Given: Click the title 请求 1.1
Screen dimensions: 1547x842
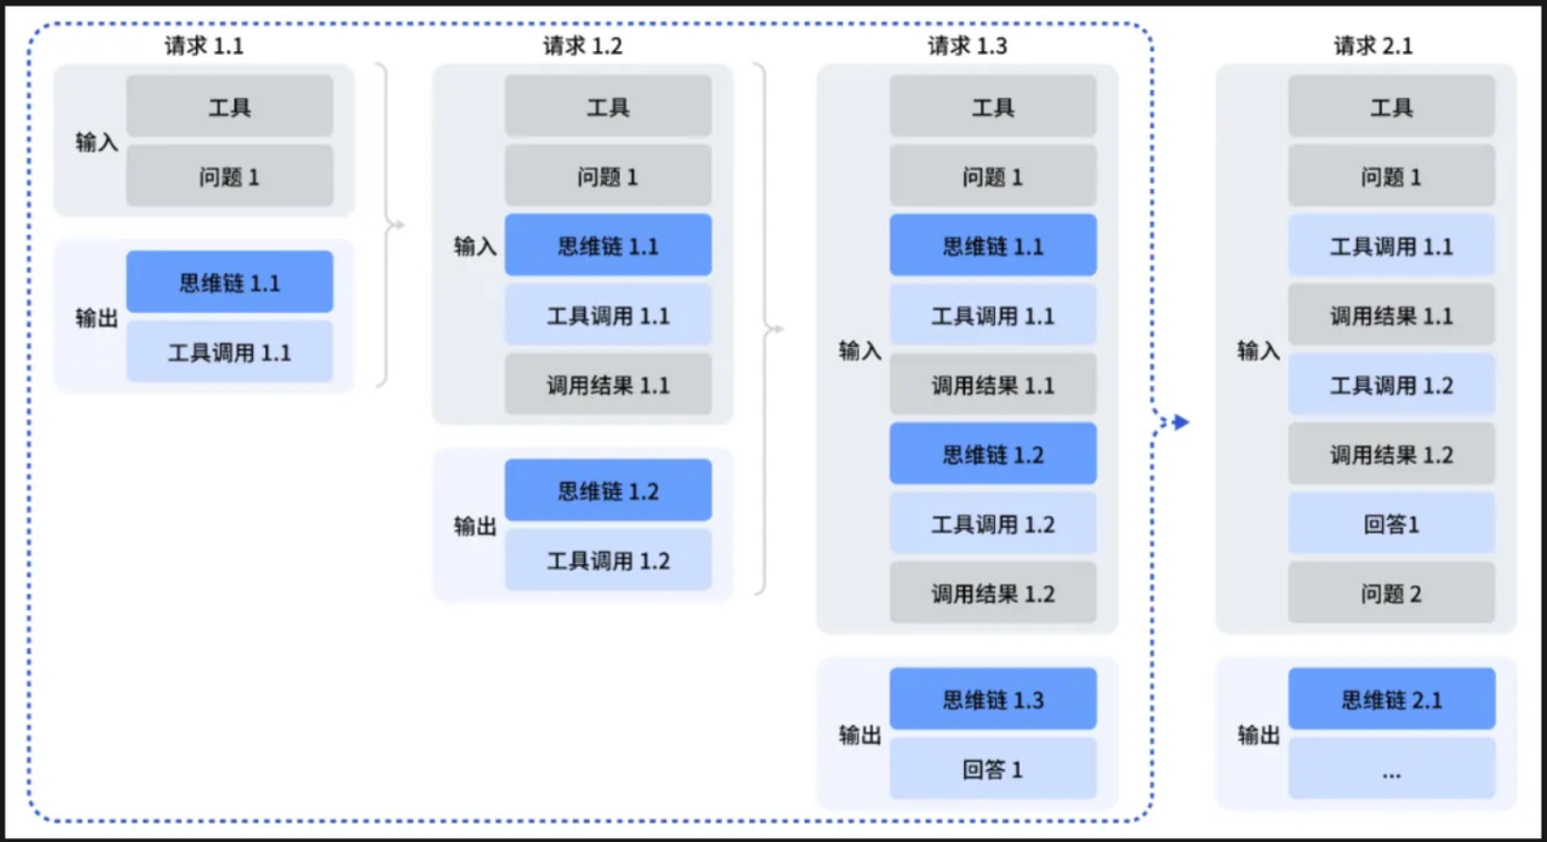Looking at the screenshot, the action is (x=204, y=46).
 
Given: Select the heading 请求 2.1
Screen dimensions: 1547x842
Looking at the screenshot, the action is (x=1373, y=46).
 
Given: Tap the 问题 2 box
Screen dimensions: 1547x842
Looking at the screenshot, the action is (x=1392, y=593).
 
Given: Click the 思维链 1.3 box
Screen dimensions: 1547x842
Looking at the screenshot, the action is (x=993, y=699).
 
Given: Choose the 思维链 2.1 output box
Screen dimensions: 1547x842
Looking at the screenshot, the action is (x=1392, y=699).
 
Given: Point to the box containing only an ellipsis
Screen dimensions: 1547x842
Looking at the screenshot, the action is (x=1392, y=768).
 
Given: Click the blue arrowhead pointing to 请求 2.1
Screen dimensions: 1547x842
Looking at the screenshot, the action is (x=1181, y=422).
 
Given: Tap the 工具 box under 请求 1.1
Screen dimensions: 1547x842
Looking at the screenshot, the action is (x=229, y=106).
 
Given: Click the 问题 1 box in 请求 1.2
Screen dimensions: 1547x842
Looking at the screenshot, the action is (x=608, y=176).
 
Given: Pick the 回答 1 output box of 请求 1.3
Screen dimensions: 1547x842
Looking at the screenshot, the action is (x=993, y=768).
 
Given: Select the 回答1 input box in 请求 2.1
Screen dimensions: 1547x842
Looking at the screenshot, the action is (x=1392, y=523).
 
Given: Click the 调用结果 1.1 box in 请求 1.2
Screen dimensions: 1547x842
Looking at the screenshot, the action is (x=608, y=384).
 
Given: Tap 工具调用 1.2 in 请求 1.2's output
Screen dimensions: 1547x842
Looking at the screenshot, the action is (x=608, y=560).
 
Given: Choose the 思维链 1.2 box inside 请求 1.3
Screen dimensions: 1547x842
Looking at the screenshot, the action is (x=993, y=453).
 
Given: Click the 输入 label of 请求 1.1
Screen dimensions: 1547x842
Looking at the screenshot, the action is (x=97, y=142).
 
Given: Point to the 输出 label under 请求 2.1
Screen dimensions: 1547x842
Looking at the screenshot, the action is (x=1258, y=735).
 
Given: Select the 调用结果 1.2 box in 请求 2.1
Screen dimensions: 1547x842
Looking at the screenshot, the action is (x=1392, y=453).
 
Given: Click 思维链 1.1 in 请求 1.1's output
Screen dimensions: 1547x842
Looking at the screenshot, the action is (x=229, y=282).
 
